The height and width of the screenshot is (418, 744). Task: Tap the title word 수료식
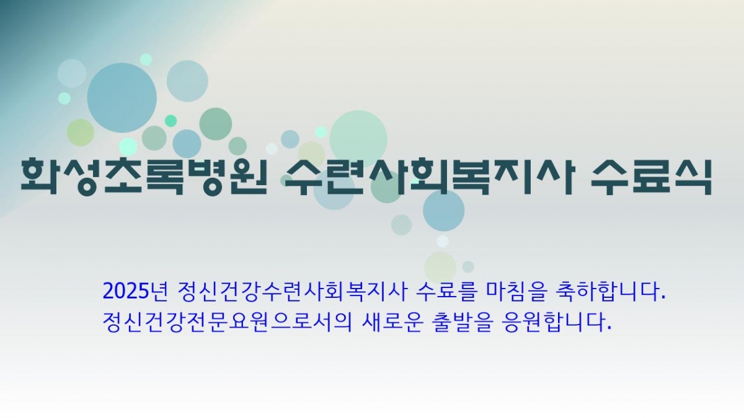[x=650, y=176]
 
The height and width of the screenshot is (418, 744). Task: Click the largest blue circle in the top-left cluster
[x=122, y=97]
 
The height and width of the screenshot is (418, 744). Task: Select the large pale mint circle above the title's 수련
[x=358, y=138]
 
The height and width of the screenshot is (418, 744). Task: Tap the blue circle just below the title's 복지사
[x=443, y=210]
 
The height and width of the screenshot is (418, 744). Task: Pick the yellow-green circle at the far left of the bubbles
[x=80, y=132]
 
